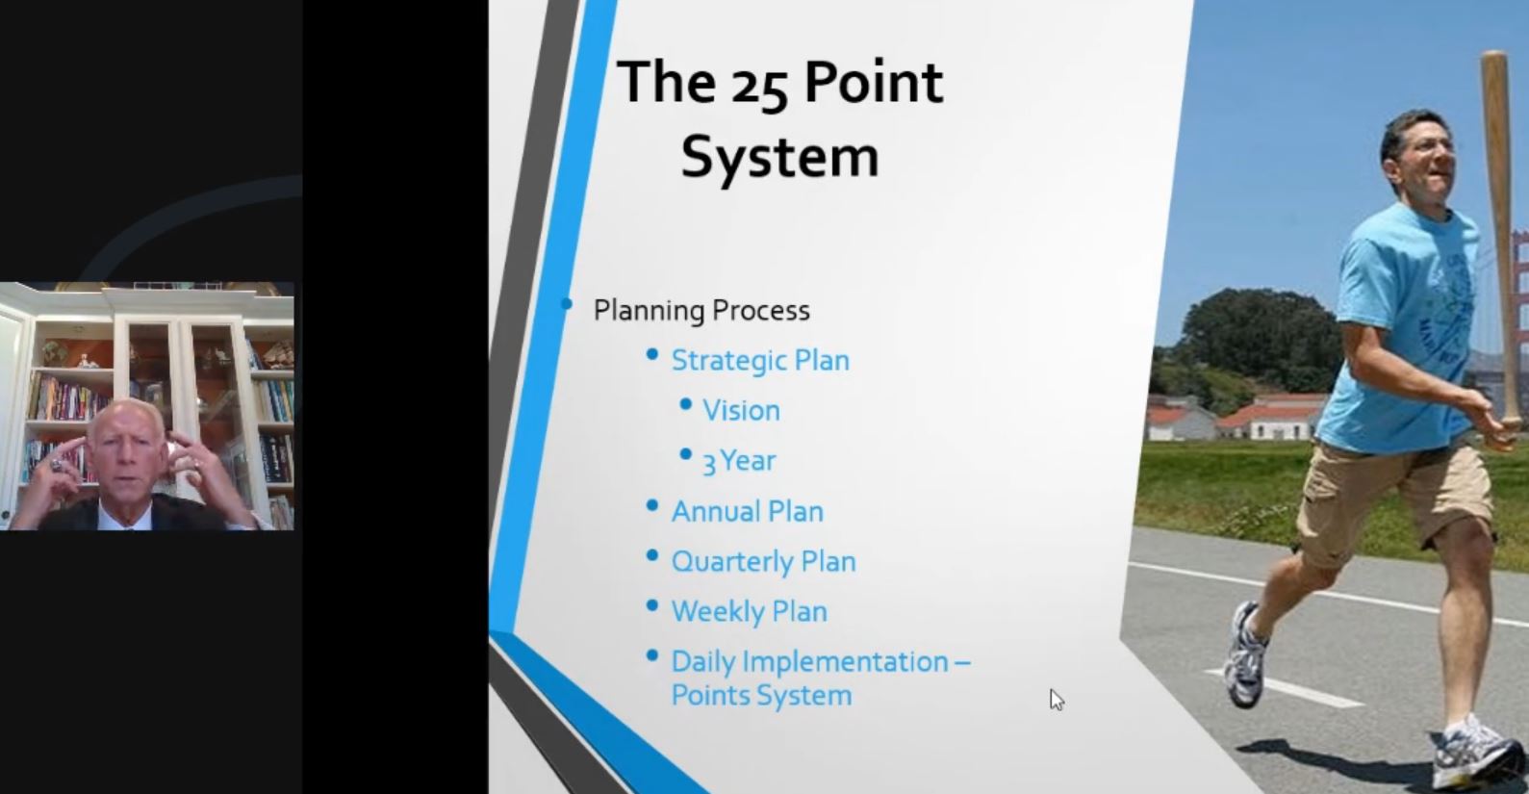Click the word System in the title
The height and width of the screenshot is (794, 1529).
780,158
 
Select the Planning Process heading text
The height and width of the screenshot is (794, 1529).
701,311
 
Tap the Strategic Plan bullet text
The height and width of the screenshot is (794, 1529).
760,361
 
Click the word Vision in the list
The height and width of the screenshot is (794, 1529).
741,410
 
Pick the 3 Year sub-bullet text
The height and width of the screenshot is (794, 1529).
739,461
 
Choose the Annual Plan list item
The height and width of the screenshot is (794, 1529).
748,511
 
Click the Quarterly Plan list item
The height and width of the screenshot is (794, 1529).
763,562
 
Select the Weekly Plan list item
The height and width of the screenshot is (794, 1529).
749,612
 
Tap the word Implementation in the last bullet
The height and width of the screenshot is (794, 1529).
845,662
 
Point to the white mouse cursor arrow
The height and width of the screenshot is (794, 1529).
1057,700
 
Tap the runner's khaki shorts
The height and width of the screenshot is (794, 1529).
1392,505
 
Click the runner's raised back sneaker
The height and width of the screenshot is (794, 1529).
1246,655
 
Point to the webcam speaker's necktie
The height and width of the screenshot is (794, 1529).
127,525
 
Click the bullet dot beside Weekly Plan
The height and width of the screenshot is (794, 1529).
651,605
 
